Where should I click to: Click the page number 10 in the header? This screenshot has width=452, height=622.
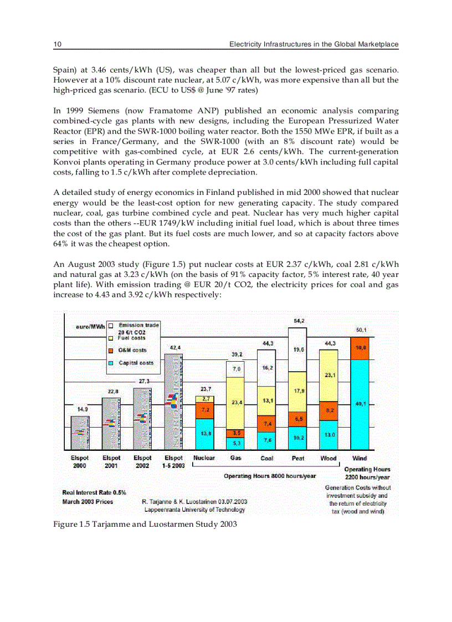(x=56, y=44)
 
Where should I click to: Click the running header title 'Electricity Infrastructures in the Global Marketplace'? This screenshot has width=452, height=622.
(x=314, y=44)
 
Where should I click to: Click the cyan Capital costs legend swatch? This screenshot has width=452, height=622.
(x=111, y=363)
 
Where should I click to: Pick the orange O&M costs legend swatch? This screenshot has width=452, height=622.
(x=111, y=350)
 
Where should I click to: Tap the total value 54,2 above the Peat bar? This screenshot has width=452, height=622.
(x=298, y=321)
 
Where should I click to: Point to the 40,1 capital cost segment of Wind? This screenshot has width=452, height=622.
(x=359, y=404)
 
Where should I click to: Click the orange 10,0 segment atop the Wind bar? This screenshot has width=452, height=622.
(x=359, y=348)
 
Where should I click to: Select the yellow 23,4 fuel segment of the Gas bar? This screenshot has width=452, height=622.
(x=236, y=403)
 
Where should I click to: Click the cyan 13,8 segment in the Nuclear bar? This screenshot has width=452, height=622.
(x=205, y=434)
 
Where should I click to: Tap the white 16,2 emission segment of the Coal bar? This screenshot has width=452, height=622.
(x=266, y=368)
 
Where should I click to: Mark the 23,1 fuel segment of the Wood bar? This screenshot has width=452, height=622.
(x=328, y=376)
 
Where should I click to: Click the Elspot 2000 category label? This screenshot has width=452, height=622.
(x=80, y=462)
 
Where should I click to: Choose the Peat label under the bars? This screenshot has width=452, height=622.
(x=298, y=459)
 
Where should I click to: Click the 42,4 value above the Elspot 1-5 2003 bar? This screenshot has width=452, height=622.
(x=174, y=347)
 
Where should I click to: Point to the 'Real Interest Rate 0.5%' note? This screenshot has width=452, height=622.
(x=94, y=492)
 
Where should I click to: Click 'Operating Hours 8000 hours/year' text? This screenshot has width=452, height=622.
(x=270, y=476)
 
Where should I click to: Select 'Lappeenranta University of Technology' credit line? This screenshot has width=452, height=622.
(x=194, y=510)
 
